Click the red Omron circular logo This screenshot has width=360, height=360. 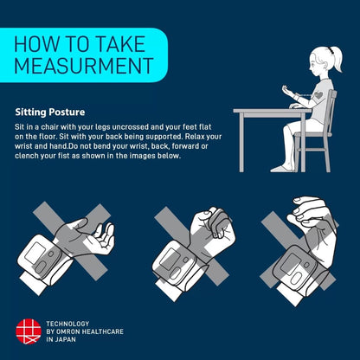coord(28,331)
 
